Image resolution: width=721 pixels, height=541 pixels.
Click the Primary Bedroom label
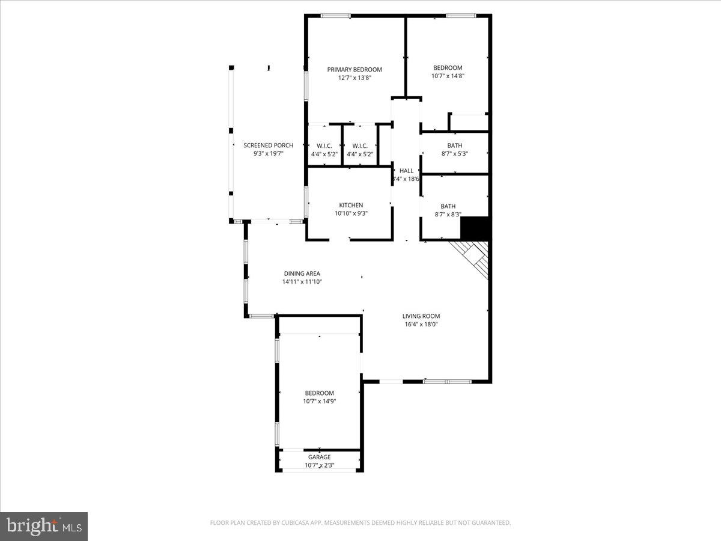(x=354, y=69)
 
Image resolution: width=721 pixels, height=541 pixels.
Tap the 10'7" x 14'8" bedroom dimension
(x=448, y=76)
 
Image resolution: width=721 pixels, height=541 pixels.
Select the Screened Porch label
(x=268, y=145)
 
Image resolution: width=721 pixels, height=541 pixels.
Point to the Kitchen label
(x=351, y=205)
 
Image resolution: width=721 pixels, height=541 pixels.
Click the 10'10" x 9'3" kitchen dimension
(x=351, y=213)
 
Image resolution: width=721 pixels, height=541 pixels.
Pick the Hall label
(x=406, y=171)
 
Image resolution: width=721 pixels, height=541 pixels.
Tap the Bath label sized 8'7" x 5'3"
(x=454, y=145)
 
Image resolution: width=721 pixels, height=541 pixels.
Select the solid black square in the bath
(x=475, y=228)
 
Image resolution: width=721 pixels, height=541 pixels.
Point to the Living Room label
(x=421, y=316)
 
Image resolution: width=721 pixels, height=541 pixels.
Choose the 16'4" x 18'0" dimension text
(x=421, y=325)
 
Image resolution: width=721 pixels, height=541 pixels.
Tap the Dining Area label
(x=302, y=274)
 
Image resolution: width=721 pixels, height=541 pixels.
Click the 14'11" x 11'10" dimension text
(x=302, y=282)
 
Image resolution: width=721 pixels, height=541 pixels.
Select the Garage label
(x=319, y=457)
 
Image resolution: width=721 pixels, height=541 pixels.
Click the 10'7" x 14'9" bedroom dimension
(x=319, y=402)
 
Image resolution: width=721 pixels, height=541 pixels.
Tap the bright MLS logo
(x=44, y=527)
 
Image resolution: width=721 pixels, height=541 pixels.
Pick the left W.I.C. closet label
(x=324, y=145)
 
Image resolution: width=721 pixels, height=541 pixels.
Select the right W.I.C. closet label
(x=360, y=145)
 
